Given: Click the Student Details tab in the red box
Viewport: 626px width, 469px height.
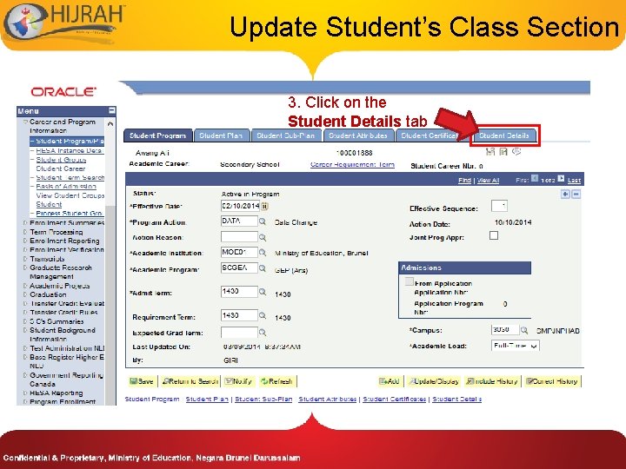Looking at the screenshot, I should (504, 135).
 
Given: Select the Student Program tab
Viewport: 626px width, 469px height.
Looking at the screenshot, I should (158, 135).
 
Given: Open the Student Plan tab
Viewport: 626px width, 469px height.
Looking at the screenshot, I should (221, 135).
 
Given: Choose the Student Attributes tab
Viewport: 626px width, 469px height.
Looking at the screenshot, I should (358, 135).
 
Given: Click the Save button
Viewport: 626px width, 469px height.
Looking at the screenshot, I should (142, 381).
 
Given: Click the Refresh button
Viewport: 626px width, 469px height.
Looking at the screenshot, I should (276, 381).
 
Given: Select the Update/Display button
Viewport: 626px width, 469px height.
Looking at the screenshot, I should (434, 381).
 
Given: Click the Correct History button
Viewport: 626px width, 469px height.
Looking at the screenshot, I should (551, 381).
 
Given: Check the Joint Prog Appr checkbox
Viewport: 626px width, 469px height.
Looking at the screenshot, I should (494, 235).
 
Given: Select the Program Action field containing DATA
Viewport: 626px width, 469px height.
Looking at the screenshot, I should (239, 221).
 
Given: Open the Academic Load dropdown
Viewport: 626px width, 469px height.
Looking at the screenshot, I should (515, 346).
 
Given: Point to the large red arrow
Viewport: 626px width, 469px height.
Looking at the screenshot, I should (455, 123).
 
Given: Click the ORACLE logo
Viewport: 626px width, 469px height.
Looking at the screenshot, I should (63, 91).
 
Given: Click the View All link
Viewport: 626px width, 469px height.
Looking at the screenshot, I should (488, 181).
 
